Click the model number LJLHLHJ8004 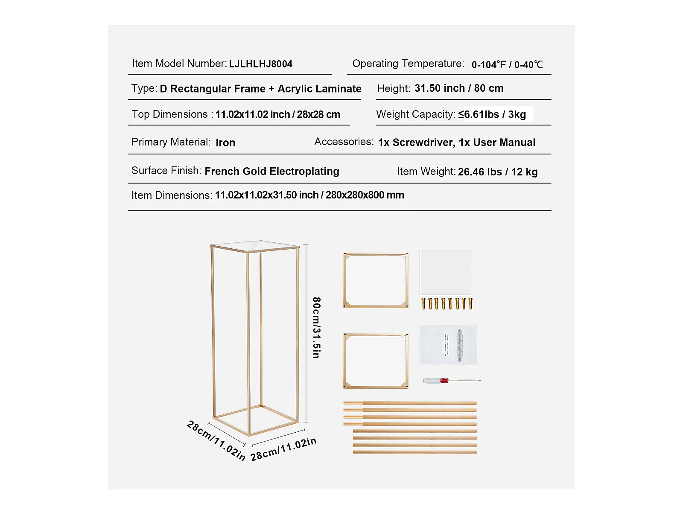[x=260, y=64]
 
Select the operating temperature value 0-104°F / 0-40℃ [x=507, y=65]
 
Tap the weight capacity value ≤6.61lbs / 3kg [x=492, y=114]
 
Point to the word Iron [x=225, y=143]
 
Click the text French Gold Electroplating [x=272, y=172]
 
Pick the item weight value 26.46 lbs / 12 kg [x=498, y=172]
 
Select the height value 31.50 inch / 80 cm [x=459, y=88]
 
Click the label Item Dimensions [x=172, y=195]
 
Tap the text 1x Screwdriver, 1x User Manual [x=456, y=143]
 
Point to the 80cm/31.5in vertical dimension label [x=316, y=327]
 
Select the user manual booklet [x=448, y=345]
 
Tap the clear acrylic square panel [x=445, y=272]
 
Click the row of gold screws [x=447, y=304]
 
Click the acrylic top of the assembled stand [x=255, y=246]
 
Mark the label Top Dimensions [x=169, y=114]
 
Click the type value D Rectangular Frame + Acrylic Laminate [x=260, y=89]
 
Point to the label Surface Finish [x=166, y=171]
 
